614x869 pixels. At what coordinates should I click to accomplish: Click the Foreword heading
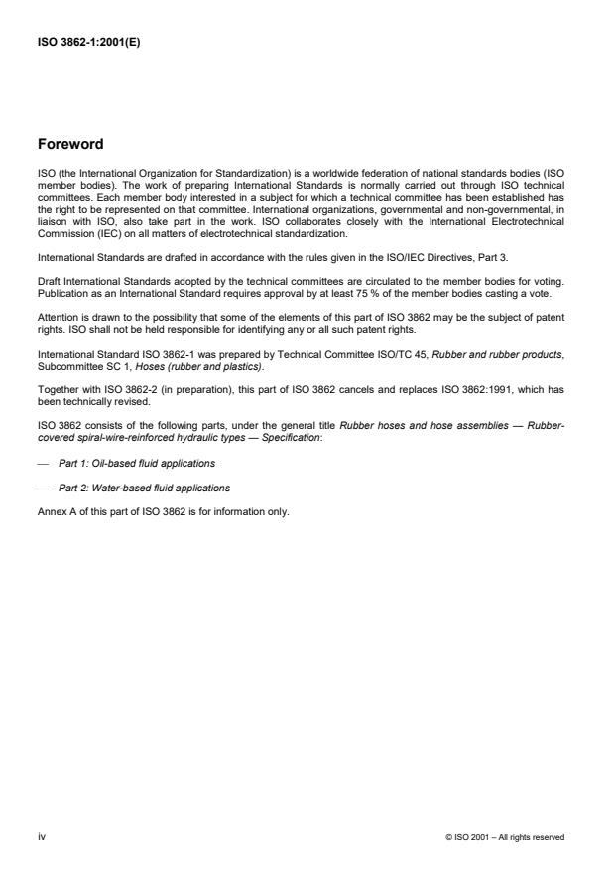tap(70, 144)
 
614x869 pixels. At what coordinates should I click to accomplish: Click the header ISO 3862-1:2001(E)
tap(88, 42)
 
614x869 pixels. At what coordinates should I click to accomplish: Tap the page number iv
tap(41, 836)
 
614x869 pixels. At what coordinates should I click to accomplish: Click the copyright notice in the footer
tap(506, 837)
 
